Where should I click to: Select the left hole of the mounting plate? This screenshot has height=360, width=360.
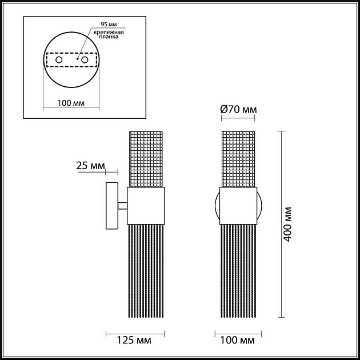tap(58, 59)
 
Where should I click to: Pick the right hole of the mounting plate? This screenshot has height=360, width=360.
tap(85, 59)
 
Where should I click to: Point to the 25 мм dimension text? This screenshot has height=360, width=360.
tap(90, 166)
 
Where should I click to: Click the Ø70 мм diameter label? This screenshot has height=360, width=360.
tap(238, 109)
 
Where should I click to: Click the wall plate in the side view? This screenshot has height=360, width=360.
tap(111, 206)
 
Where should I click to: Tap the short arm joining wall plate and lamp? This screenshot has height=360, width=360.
tap(122, 206)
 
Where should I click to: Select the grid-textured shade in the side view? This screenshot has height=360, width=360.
tap(146, 158)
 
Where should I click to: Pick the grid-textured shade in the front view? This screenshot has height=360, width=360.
tap(238, 158)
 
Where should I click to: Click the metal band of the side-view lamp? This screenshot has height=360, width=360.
tap(146, 206)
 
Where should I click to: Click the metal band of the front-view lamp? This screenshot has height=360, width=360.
tap(238, 206)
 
